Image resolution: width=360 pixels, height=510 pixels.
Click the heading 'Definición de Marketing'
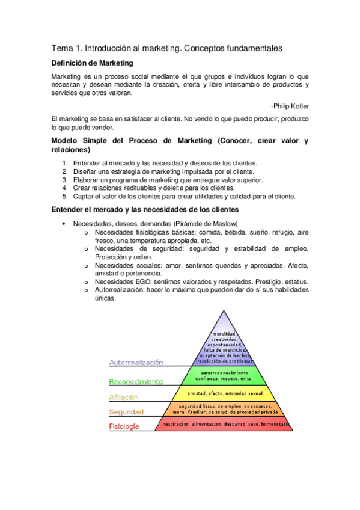pos(92,63)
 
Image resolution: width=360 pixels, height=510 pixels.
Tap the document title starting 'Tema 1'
pos(166,48)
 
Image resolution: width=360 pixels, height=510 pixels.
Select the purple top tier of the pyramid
pos(225,342)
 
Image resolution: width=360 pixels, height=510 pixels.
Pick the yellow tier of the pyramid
pos(227,393)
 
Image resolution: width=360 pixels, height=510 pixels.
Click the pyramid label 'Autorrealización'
pos(136,363)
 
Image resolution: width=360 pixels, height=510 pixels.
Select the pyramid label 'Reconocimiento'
pos(135,381)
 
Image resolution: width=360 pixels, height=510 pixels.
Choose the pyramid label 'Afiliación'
pos(123,397)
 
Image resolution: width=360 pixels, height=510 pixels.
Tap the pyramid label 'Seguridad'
pos(126,412)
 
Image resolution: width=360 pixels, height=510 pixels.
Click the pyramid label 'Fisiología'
pos(124,426)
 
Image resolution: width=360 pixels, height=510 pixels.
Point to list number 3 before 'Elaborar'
pos(65,180)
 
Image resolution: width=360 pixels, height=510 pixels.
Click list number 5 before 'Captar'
pos(65,196)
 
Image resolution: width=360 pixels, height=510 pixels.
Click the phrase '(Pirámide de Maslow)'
pos(203,224)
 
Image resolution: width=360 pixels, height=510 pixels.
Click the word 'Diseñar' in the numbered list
pos(85,171)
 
